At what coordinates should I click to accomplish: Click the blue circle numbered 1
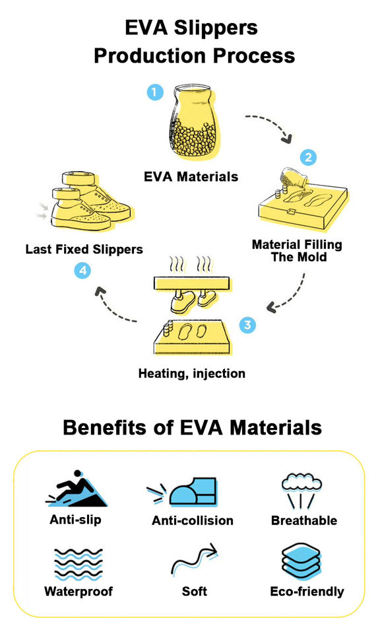coord(154,92)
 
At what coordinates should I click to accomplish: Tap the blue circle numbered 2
coord(308,157)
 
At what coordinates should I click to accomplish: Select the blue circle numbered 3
coord(247,325)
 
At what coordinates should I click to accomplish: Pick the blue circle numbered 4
coord(82,271)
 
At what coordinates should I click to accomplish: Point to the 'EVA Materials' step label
coord(191,177)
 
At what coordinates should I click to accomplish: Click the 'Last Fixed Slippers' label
coord(84,249)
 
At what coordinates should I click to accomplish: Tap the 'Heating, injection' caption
coord(192,373)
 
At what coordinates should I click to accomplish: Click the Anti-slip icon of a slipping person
coord(76,489)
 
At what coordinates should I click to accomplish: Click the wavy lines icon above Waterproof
coord(79,565)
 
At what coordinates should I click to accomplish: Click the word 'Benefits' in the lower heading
coord(105,427)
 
